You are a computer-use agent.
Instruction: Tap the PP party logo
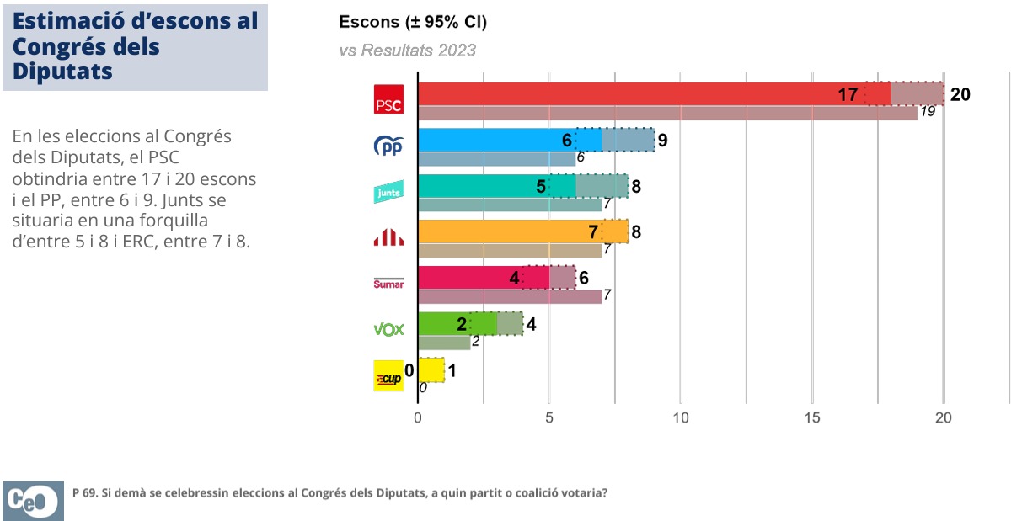(x=388, y=146)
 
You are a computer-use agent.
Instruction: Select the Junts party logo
(x=388, y=193)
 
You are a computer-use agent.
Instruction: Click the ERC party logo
(x=388, y=238)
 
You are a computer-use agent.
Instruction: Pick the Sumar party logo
(x=388, y=284)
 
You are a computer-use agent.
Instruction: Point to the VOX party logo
(x=388, y=329)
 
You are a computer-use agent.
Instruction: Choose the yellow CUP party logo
(x=388, y=375)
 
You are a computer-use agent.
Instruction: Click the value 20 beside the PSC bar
(x=960, y=94)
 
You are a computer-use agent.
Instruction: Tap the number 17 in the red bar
(x=848, y=94)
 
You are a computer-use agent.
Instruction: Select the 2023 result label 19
(x=927, y=111)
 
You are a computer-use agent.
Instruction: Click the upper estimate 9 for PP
(x=662, y=140)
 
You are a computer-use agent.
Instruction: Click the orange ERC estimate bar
(x=506, y=231)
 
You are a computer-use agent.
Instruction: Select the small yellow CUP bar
(x=431, y=369)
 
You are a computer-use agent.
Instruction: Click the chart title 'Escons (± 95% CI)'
(x=413, y=22)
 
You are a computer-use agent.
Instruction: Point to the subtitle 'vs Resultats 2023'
(x=407, y=51)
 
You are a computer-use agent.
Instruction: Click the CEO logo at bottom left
(x=33, y=500)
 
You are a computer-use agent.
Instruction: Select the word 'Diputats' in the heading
(x=63, y=72)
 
